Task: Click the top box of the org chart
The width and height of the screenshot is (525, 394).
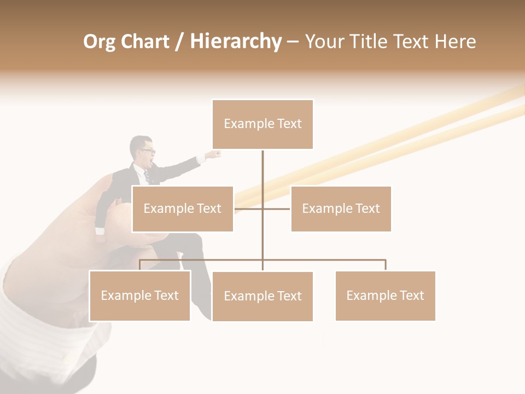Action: click(x=262, y=124)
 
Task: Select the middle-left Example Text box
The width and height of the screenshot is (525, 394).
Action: click(x=182, y=208)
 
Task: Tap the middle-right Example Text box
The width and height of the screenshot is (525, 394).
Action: click(x=341, y=208)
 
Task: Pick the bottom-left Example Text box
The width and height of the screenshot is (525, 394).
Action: click(x=139, y=296)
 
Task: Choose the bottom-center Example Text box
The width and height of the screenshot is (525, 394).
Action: click(x=262, y=296)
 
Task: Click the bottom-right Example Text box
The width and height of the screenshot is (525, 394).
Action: click(x=385, y=296)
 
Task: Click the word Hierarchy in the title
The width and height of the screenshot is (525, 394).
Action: click(x=235, y=42)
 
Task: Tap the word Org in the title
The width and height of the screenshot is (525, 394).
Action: click(x=99, y=42)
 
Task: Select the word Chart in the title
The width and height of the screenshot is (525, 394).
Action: click(x=145, y=42)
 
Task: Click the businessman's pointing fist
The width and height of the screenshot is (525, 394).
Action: click(x=216, y=154)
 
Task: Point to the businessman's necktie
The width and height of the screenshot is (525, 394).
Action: click(x=147, y=176)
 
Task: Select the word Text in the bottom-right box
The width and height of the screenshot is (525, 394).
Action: click(x=412, y=296)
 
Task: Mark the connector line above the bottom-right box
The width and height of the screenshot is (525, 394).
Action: click(x=385, y=264)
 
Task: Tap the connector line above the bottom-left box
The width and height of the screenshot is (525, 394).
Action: click(x=140, y=264)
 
